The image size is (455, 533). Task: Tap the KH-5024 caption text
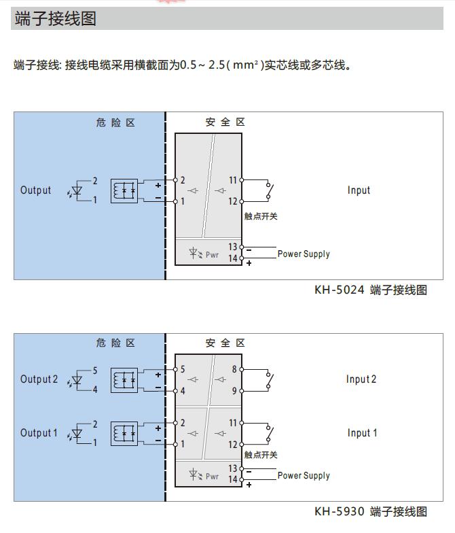pyautogui.click(x=370, y=290)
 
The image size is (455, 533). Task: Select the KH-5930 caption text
pyautogui.click(x=370, y=511)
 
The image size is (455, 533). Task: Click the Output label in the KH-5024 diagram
pyautogui.click(x=36, y=190)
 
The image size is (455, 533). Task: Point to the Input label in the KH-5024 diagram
pyautogui.click(x=359, y=190)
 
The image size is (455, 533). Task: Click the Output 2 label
pyautogui.click(x=39, y=379)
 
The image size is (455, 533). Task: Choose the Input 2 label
pyautogui.click(x=361, y=379)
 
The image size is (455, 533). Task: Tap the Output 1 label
pyautogui.click(x=39, y=433)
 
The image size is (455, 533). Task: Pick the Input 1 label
pyautogui.click(x=361, y=433)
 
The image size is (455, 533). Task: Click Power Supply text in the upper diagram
pyautogui.click(x=304, y=254)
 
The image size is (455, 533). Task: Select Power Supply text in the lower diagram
pyautogui.click(x=304, y=476)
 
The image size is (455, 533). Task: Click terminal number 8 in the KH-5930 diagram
pyautogui.click(x=234, y=370)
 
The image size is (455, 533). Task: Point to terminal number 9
pyautogui.click(x=234, y=391)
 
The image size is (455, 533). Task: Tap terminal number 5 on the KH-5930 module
pyautogui.click(x=183, y=370)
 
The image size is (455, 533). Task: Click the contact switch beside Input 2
pyautogui.click(x=270, y=380)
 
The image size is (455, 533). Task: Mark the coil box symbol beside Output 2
pyautogui.click(x=124, y=379)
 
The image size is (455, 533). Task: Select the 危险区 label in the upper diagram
pyautogui.click(x=115, y=123)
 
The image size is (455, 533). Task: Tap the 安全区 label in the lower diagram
pyautogui.click(x=225, y=343)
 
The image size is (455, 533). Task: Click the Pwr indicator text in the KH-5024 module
pyautogui.click(x=213, y=255)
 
